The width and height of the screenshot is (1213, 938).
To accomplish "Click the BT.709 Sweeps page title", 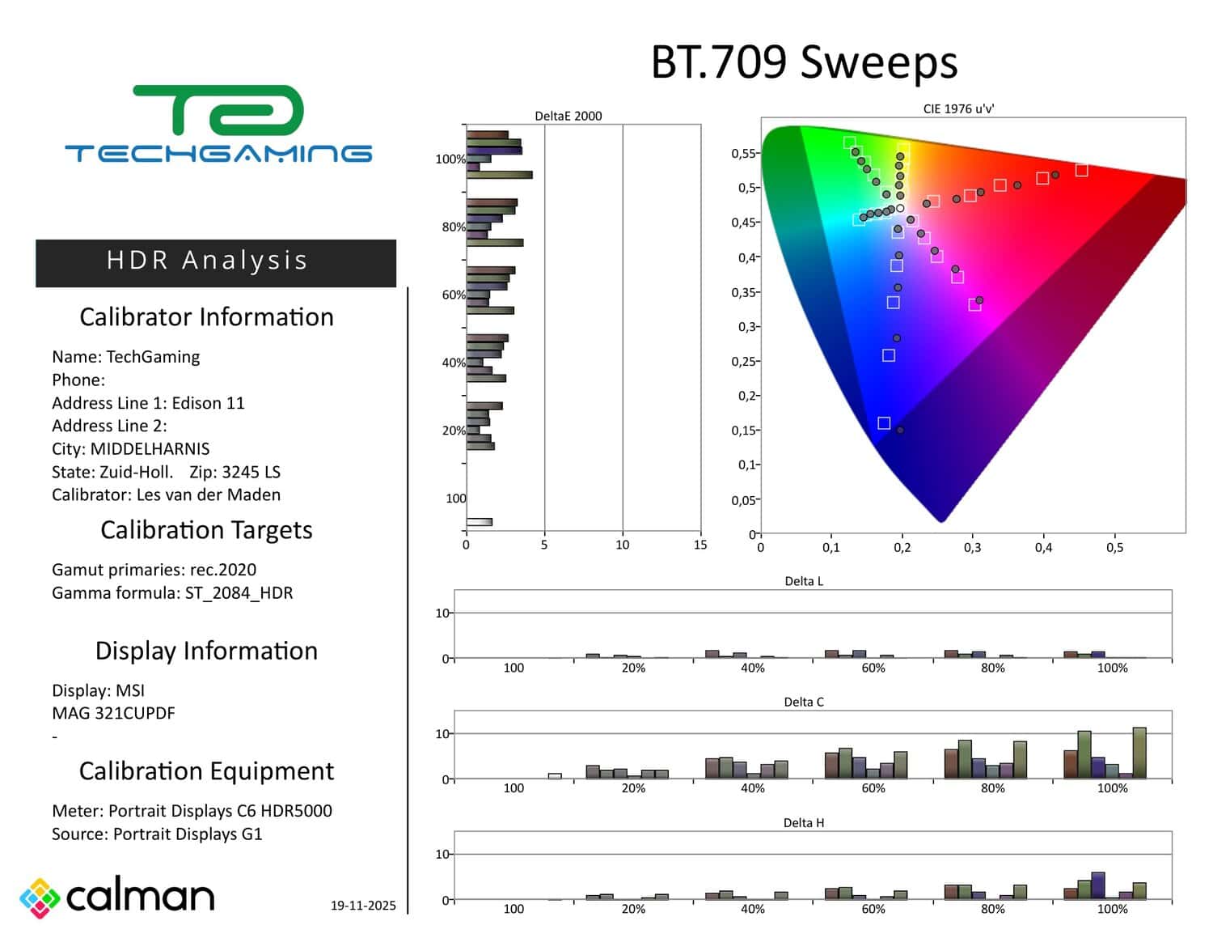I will (x=804, y=62).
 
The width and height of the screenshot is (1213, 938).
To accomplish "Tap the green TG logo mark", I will (x=218, y=110).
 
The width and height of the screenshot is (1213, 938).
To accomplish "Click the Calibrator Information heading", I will (x=206, y=317).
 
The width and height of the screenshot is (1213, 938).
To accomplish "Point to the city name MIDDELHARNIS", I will (x=150, y=449).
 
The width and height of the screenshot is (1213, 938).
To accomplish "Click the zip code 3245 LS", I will (x=251, y=473).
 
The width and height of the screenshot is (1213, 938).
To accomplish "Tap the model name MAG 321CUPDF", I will (x=113, y=714).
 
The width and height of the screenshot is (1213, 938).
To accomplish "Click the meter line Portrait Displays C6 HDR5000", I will (x=220, y=811).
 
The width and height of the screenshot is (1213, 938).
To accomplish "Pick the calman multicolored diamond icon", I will (x=40, y=898).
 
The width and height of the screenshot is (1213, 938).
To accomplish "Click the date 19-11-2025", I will (x=363, y=906).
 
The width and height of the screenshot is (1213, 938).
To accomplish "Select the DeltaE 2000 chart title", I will (x=568, y=116).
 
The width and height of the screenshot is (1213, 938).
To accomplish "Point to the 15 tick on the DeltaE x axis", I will (x=699, y=545).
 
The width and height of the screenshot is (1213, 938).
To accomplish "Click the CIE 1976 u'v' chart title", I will (x=958, y=108).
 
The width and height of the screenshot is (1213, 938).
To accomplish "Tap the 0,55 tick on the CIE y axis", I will (x=742, y=154).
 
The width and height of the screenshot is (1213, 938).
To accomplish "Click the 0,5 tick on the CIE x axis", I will (x=1114, y=548).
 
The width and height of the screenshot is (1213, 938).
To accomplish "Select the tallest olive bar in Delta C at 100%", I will (x=1139, y=753).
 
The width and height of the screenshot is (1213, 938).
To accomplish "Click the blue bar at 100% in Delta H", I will (x=1097, y=885).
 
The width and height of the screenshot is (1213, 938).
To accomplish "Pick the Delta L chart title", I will (x=804, y=581).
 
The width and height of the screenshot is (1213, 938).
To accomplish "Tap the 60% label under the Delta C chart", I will (x=873, y=788).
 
